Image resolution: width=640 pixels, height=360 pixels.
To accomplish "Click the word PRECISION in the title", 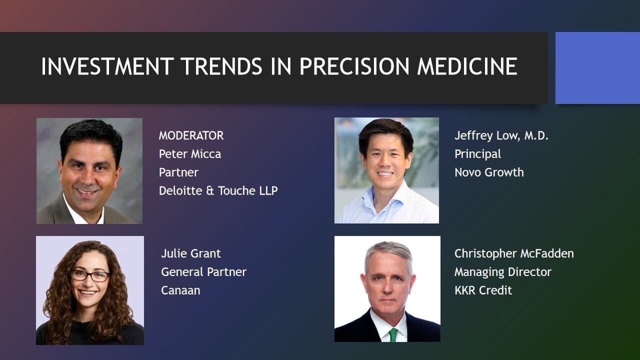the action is tap(354, 66).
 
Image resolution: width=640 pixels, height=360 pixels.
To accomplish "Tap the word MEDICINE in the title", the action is tap(467, 66).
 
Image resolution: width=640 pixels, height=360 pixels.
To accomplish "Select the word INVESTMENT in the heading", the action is tap(107, 66).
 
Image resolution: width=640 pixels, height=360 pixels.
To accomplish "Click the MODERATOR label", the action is tap(191, 135).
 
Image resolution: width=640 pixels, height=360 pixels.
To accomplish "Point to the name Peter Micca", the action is tap(190, 154).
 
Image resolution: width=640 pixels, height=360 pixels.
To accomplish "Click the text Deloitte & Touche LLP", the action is tap(218, 190).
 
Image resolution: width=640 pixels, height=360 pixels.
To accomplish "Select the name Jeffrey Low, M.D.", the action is tap(501, 135).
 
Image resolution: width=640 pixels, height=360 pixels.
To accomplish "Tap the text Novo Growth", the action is tap(489, 172).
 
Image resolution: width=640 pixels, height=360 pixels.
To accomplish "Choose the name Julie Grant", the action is tap(191, 253).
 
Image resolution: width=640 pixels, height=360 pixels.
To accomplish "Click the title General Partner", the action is tap(203, 271).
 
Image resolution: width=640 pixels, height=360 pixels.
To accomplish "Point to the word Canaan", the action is tap(180, 290).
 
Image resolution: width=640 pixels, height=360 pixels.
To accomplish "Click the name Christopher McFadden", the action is tap(514, 253).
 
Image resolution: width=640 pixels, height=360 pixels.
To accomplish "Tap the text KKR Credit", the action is tap(483, 290).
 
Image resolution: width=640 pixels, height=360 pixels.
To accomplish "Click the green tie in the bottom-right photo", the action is tap(393, 335).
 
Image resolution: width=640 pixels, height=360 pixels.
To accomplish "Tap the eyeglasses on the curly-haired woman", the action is tap(90, 275).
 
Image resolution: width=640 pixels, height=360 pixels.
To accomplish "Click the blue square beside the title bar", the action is tap(597, 68).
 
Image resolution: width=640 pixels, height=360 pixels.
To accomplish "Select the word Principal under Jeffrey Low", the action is tap(477, 154).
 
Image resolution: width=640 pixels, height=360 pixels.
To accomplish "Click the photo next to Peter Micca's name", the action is tap(89, 171).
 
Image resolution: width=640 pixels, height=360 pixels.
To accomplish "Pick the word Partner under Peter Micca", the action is tap(178, 172).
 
